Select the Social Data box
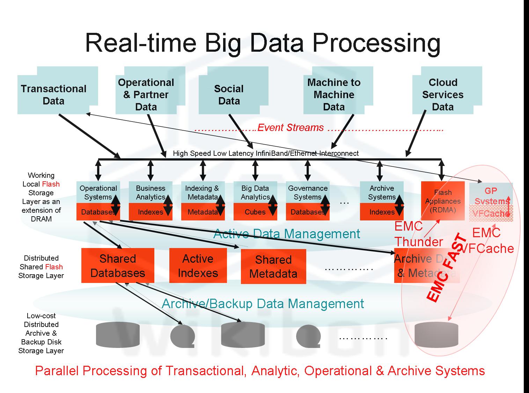pos(229,94)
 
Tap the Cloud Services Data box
pos(443,94)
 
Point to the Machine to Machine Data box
pos(334,94)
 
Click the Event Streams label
pos(291,128)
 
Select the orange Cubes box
pos(255,212)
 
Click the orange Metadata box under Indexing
pos(203,212)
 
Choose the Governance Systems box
pos(307,192)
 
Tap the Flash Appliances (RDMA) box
pos(443,201)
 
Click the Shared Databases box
pos(118,265)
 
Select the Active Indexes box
pos(198,265)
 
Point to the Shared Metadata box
pos(273,267)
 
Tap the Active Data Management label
pos(286,234)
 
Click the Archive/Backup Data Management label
pos(263,304)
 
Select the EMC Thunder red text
pos(418,234)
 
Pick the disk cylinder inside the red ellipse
pos(436,334)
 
